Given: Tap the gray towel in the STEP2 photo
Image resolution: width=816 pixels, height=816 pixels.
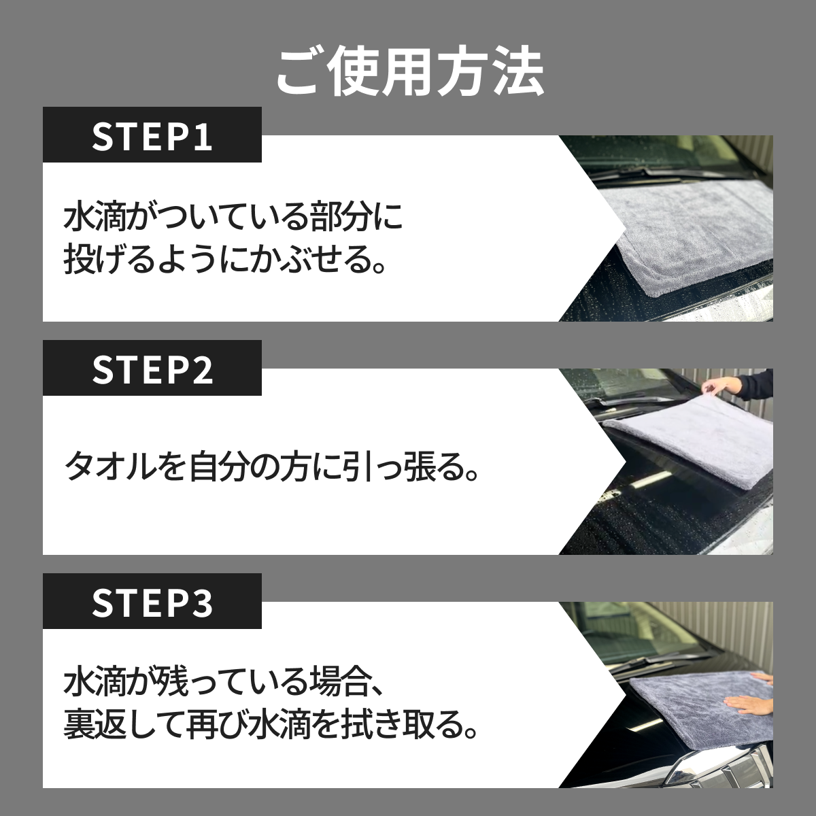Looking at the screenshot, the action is (686, 441).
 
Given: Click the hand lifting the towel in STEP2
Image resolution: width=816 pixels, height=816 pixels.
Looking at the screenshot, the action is (720, 384).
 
